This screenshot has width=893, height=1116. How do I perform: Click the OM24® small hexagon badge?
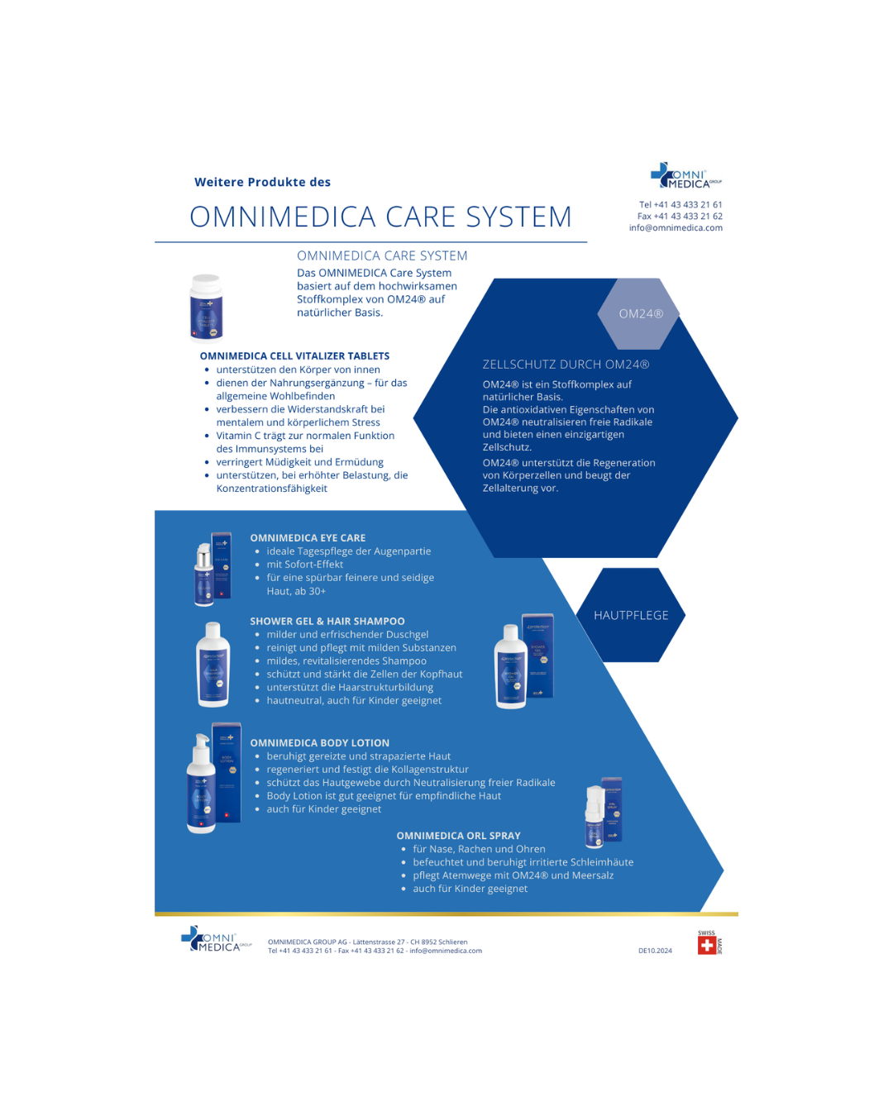(641, 314)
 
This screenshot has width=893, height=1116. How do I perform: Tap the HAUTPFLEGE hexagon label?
(631, 615)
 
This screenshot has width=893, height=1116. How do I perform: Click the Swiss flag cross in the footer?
(707, 945)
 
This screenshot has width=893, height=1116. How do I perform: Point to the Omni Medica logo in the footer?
(215, 940)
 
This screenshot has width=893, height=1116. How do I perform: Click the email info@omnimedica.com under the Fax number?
(676, 228)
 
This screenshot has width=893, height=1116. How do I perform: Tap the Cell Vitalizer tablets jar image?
(207, 308)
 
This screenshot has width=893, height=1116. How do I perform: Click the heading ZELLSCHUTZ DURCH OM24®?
(566, 365)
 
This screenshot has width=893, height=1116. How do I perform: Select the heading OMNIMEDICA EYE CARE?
(308, 538)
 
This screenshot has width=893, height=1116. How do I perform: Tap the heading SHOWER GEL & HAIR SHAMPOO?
(327, 622)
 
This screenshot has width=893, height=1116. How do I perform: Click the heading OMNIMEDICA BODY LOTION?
(319, 743)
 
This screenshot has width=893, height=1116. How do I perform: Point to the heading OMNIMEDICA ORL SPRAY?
(458, 836)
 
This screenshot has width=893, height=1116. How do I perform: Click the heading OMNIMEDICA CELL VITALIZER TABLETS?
(294, 356)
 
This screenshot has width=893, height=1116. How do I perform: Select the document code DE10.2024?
(655, 951)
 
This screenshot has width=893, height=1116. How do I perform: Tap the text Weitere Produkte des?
(262, 183)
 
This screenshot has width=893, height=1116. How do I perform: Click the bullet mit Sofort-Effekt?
(304, 565)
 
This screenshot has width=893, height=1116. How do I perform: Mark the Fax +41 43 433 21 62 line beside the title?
(680, 217)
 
